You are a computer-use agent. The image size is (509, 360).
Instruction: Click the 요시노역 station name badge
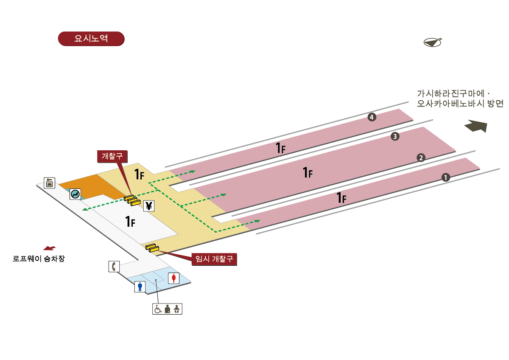pos(91,38)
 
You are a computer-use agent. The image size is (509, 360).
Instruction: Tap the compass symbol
pos(433,42)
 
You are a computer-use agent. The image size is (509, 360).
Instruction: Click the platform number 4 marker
pos(372,117)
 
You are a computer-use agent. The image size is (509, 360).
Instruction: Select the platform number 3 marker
pos(395,136)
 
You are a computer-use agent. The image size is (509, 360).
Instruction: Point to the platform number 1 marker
pos(445,177)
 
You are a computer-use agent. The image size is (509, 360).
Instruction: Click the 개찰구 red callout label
pos(112,156)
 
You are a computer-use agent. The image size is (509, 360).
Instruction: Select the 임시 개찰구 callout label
pos(214,259)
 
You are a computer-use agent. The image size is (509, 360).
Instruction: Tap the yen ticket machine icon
pos(149,206)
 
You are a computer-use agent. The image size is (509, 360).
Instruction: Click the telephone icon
pos(114,266)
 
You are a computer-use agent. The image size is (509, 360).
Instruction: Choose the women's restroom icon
pos(174,278)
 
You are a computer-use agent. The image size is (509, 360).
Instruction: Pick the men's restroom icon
pos(140,287)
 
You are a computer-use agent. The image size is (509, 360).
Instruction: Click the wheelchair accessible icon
pos(158,309)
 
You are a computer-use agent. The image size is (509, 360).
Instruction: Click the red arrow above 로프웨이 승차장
pos(49,248)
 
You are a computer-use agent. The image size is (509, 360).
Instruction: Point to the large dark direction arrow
pos(475,126)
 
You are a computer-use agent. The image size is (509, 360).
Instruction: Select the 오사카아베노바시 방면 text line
pos(460,104)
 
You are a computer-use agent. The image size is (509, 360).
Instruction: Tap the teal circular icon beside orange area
pos(76,194)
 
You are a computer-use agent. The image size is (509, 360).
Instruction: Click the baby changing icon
pos(177,309)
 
